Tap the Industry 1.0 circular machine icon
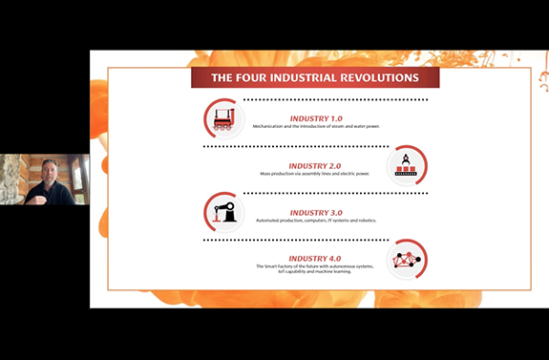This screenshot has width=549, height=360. tap(224, 118)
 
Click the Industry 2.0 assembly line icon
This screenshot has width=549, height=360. tap(406, 165)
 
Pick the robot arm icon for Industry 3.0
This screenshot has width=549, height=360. tap(224, 212)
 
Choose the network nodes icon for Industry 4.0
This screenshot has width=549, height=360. tap(406, 258)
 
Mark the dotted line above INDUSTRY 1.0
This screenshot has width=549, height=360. tap(334, 99)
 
